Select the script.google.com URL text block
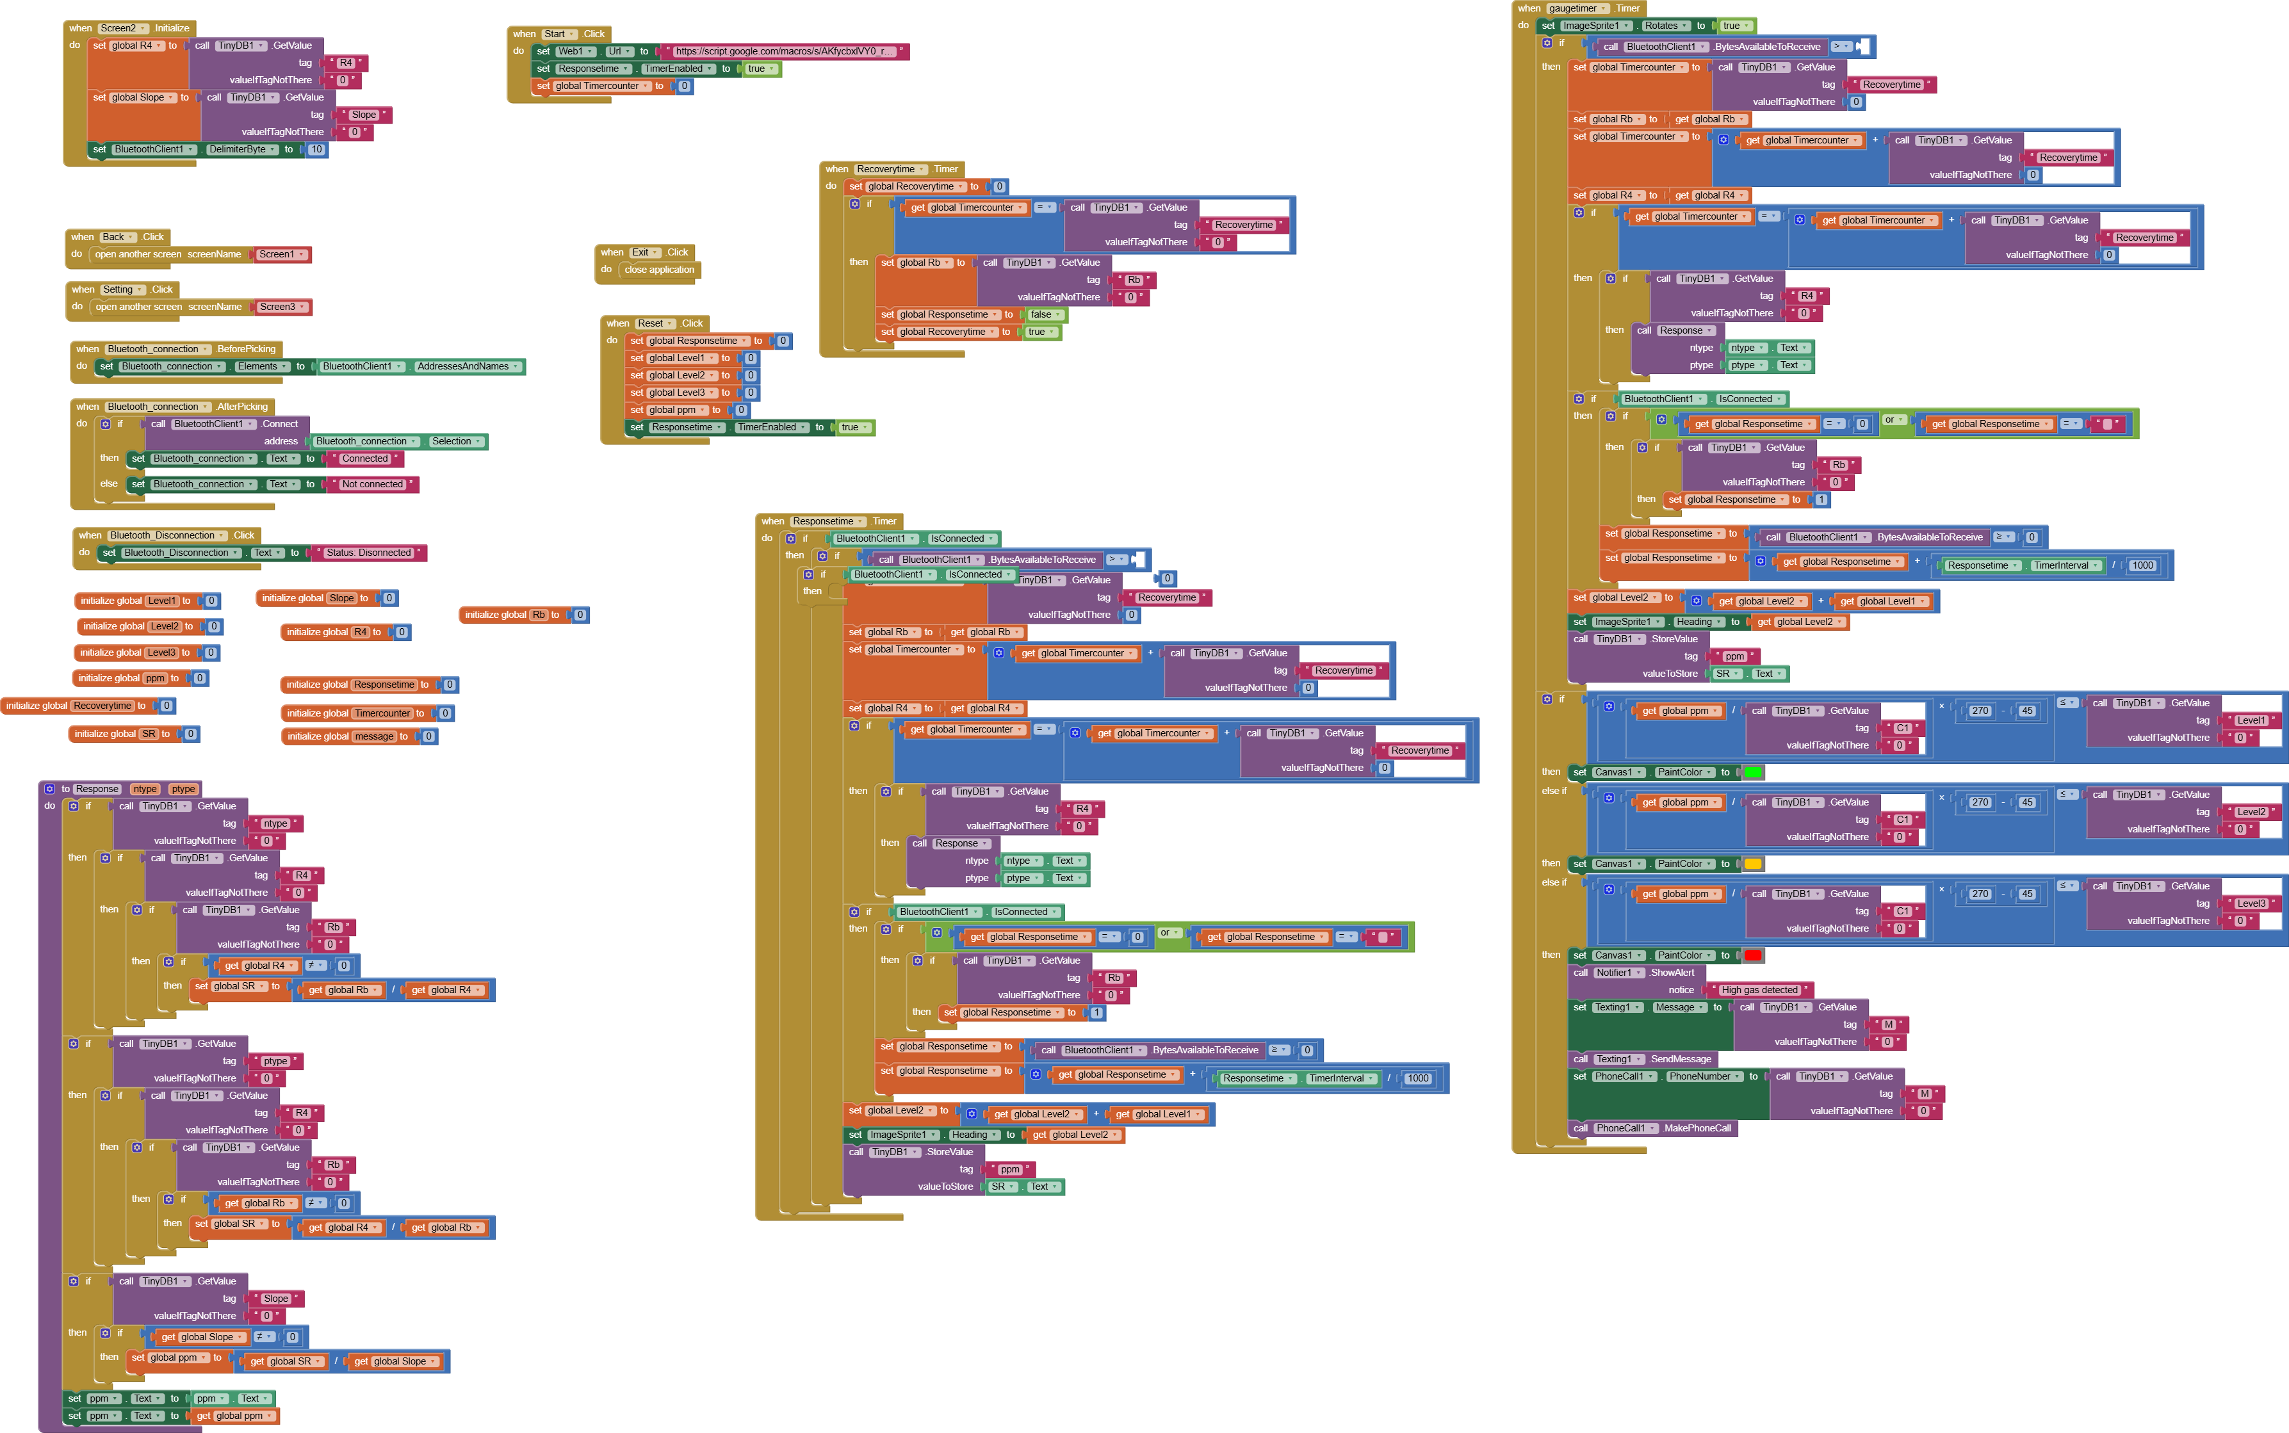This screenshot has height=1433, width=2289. [783, 51]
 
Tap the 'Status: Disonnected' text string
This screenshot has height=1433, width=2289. [369, 553]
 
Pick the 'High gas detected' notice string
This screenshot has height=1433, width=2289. [1759, 989]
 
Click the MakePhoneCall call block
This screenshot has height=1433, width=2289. [1697, 1128]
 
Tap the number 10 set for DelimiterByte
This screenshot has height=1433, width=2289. [316, 150]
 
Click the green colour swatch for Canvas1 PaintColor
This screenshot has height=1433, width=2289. [1752, 772]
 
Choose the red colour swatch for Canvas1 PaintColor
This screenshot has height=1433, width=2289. [1752, 955]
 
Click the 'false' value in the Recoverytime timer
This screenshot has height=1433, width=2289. [1041, 314]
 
